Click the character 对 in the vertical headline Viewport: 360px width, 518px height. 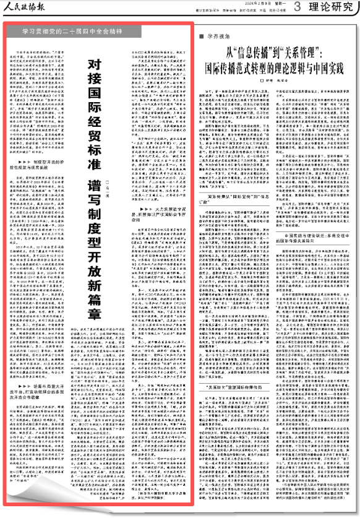coord(93,63)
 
